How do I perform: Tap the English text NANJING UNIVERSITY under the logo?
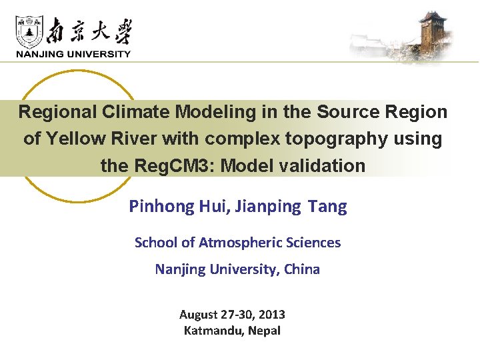[x=73, y=54]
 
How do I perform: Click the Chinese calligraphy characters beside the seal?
[x=91, y=31]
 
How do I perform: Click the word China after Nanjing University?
[x=302, y=269]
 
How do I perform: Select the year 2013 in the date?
[x=272, y=315]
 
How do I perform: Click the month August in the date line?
[x=199, y=315]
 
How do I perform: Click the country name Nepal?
[x=265, y=331]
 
